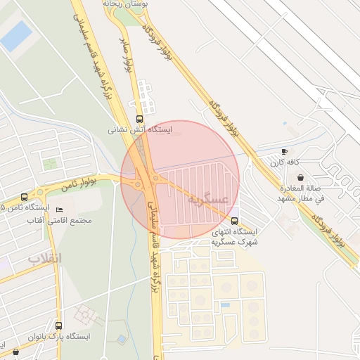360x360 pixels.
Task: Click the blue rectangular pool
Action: click(16, 35)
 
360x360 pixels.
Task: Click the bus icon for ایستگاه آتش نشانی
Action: click(139, 119)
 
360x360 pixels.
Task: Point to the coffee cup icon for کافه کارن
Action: click(284, 151)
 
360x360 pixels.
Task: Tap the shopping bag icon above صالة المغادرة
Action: click(301, 177)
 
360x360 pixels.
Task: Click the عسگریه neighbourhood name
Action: click(209, 200)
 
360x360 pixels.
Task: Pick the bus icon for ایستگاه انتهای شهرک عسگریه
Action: click(234, 221)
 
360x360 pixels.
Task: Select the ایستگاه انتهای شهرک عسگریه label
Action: click(235, 236)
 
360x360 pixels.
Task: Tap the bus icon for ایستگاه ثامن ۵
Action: click(25, 197)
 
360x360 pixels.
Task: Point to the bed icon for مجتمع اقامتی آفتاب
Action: click(60, 210)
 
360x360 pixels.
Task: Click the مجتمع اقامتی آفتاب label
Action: click(63, 221)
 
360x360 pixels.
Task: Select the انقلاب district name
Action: click(45, 258)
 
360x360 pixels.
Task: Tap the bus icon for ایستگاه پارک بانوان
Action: click(58, 326)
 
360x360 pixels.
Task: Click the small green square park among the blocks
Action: click(50, 164)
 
